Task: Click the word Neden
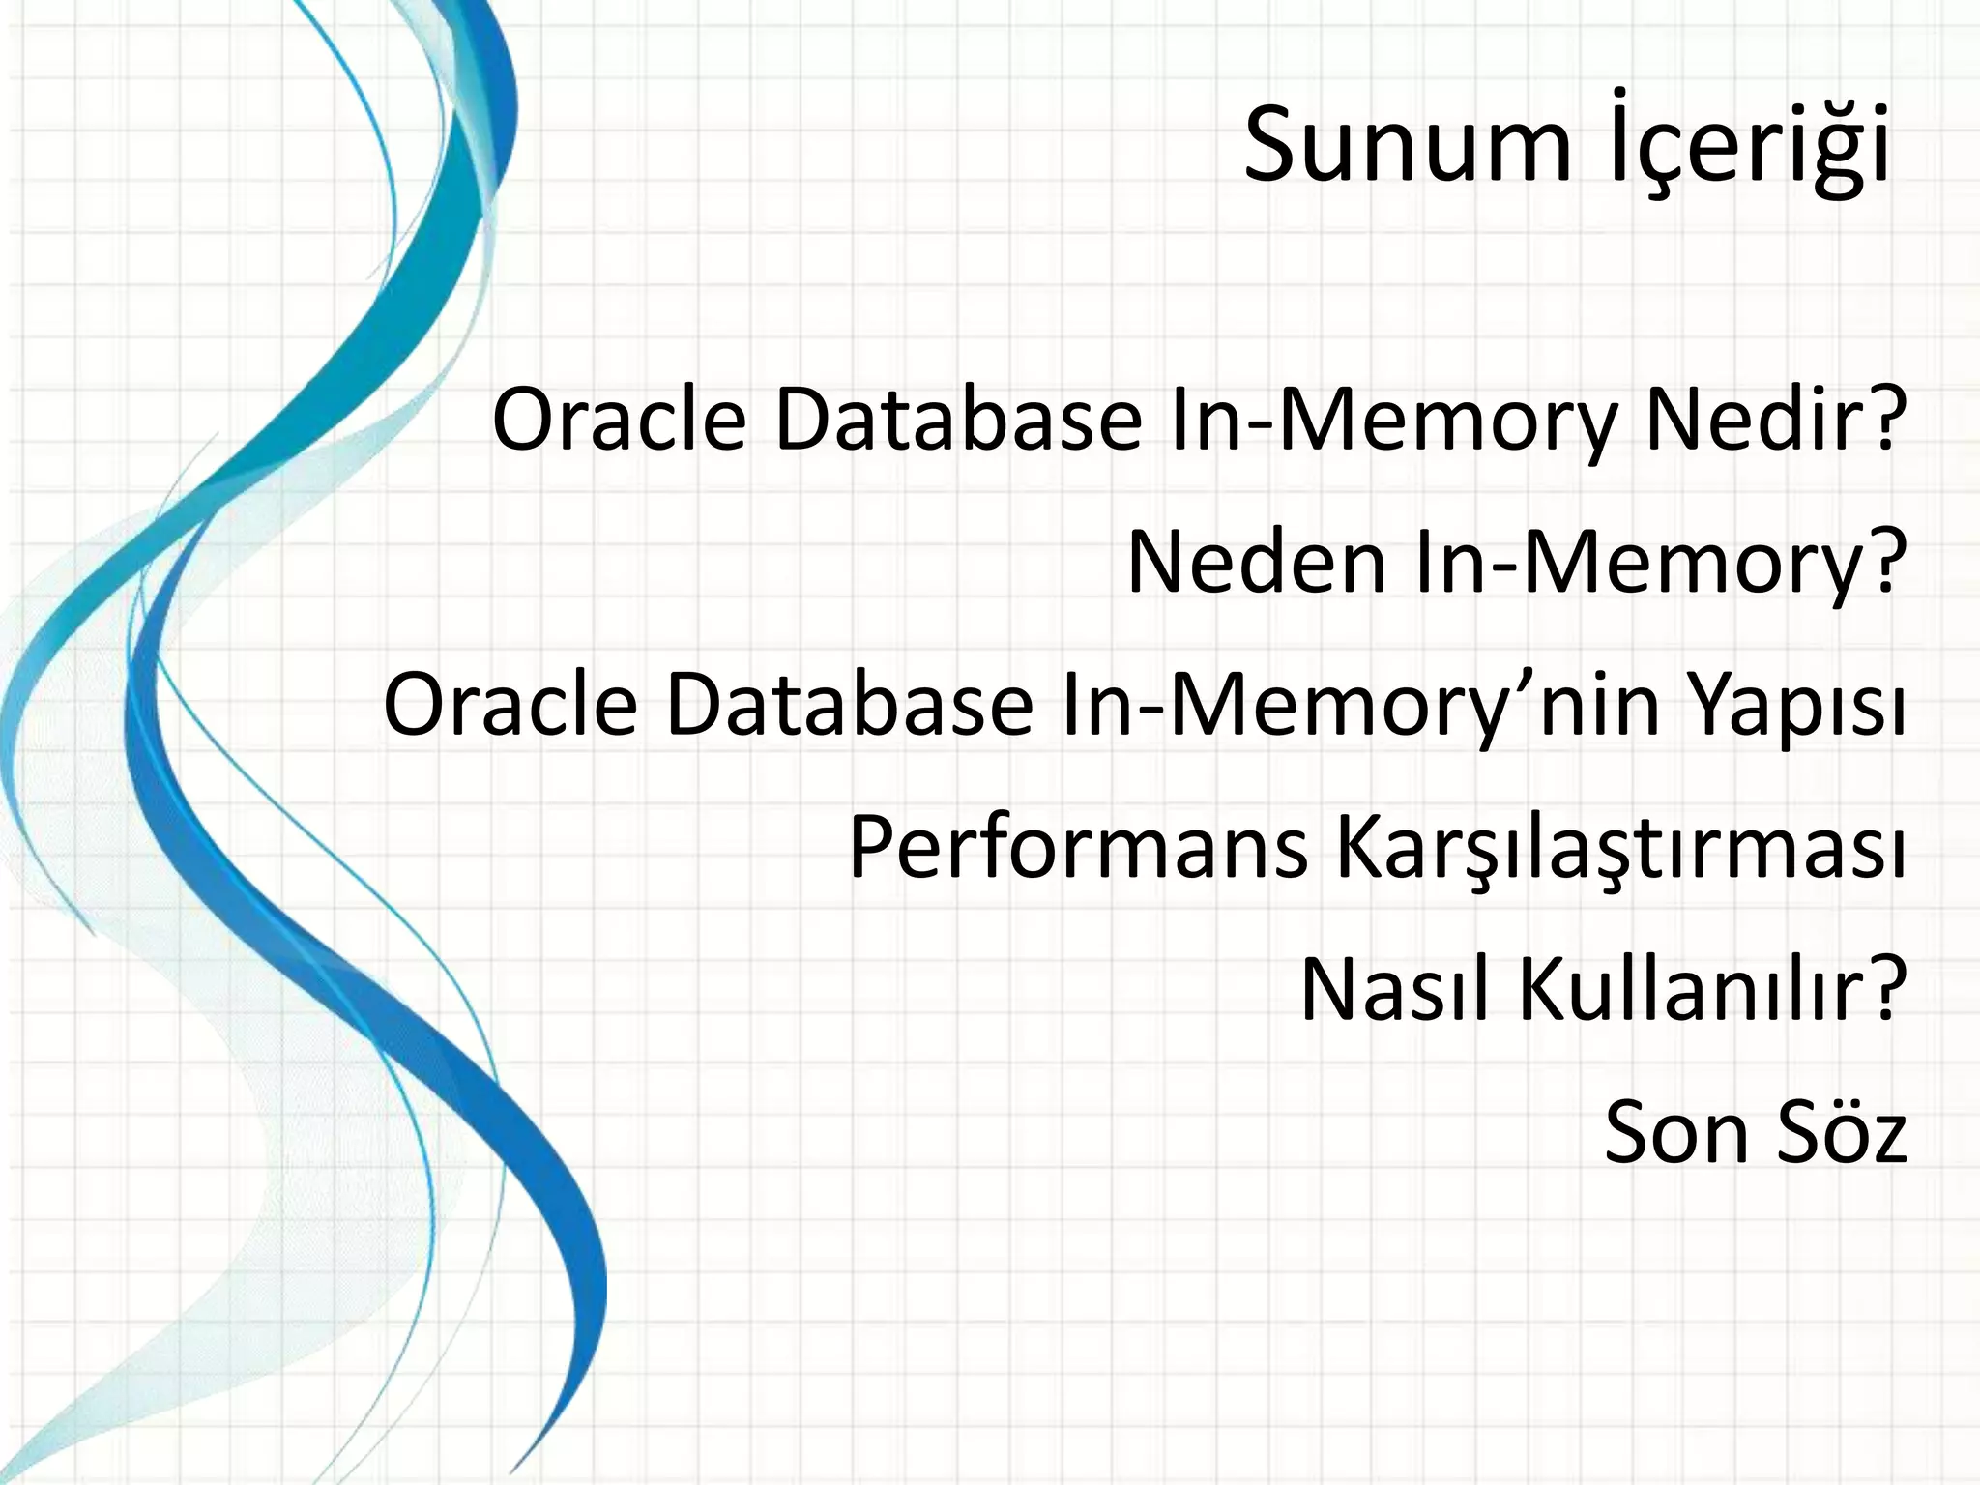tap(1257, 563)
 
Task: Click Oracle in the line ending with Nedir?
tap(619, 421)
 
